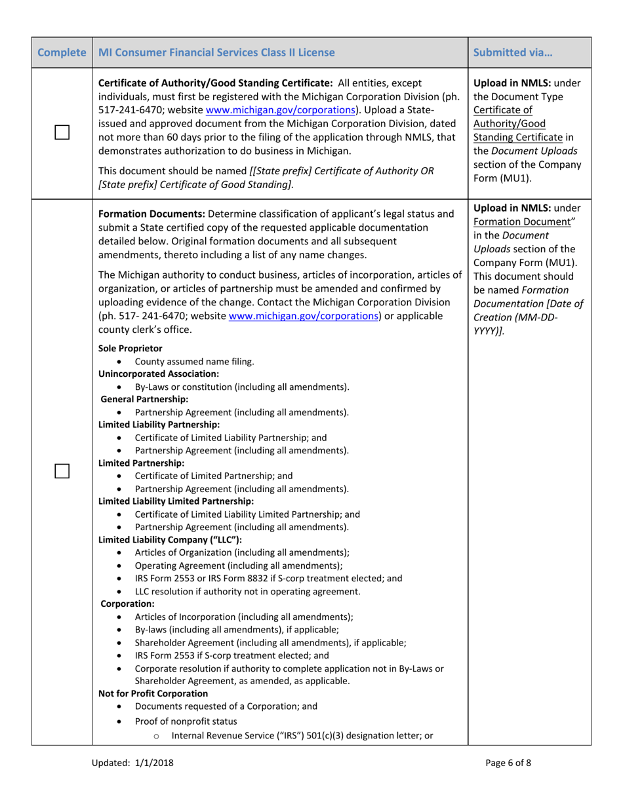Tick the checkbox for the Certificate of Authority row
point(62,133)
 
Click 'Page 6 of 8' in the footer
point(508,762)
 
